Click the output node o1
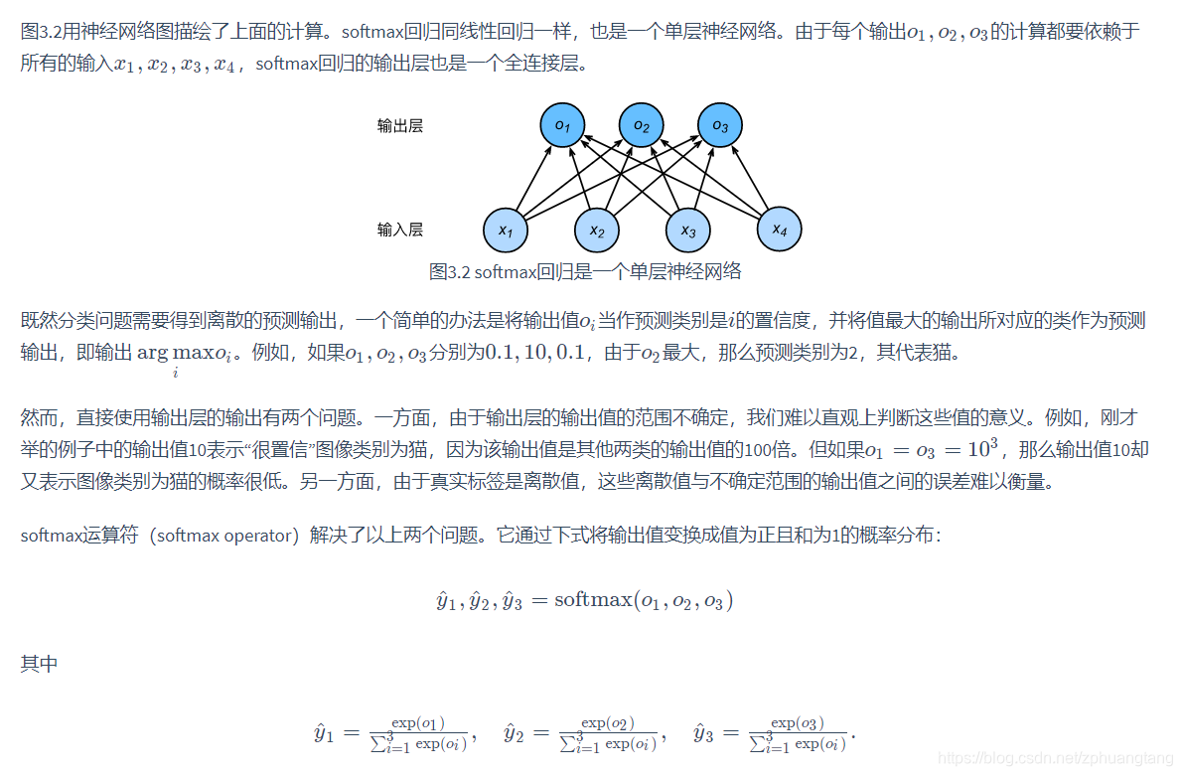click(x=562, y=126)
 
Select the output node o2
click(x=642, y=126)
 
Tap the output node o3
click(x=720, y=126)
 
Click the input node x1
click(x=506, y=232)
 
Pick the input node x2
click(x=597, y=232)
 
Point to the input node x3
click(x=688, y=232)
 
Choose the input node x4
click(x=780, y=231)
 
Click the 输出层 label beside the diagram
click(x=400, y=126)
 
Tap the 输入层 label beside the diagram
click(x=400, y=230)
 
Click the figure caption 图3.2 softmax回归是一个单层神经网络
click(x=585, y=271)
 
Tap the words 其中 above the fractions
click(x=39, y=664)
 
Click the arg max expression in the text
click(x=183, y=353)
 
